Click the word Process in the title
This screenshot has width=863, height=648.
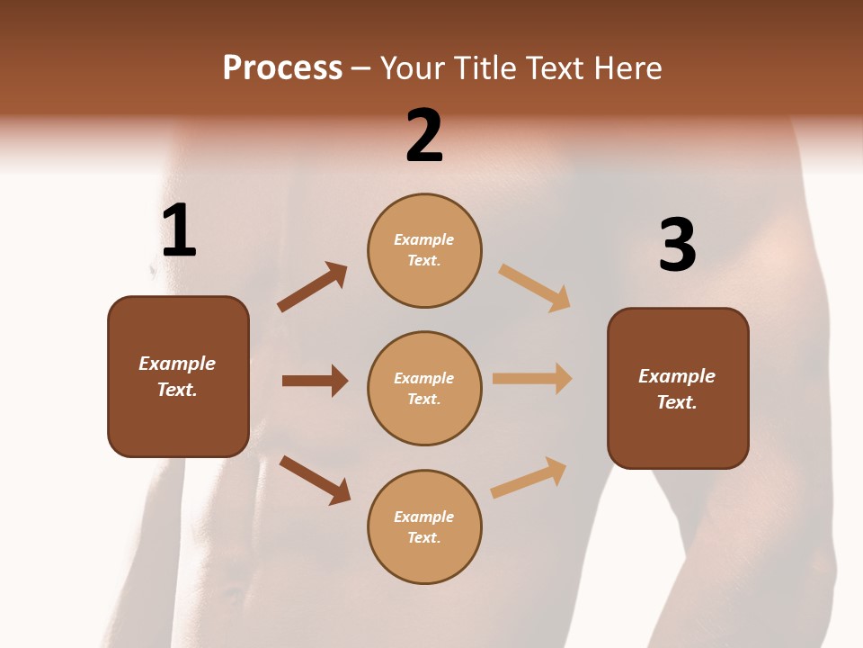[x=282, y=68]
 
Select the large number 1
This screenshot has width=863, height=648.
[x=178, y=231]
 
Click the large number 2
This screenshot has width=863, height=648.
[x=424, y=136]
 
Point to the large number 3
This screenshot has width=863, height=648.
[x=677, y=246]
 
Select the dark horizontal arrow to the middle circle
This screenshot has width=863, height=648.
[x=315, y=381]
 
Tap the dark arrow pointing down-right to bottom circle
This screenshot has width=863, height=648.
[x=315, y=480]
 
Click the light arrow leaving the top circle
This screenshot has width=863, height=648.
[x=534, y=287]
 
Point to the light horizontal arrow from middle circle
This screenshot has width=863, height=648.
[x=532, y=378]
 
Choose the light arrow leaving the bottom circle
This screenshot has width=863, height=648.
[x=529, y=478]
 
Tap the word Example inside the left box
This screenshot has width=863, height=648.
[x=177, y=364]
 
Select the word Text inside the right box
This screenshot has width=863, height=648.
[x=676, y=402]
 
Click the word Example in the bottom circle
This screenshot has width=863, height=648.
[x=424, y=517]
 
